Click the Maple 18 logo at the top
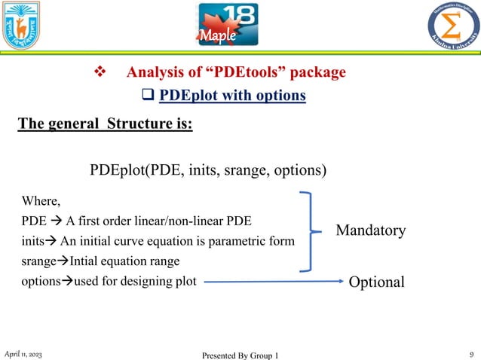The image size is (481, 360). pos(227,26)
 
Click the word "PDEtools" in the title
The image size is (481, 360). pos(252,73)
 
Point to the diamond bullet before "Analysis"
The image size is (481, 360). pos(97,73)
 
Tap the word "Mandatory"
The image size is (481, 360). pos(370,230)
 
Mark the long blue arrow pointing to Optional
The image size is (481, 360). pos(271,282)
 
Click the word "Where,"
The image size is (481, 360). pos(42,202)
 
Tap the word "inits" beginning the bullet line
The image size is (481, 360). pos(34,242)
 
